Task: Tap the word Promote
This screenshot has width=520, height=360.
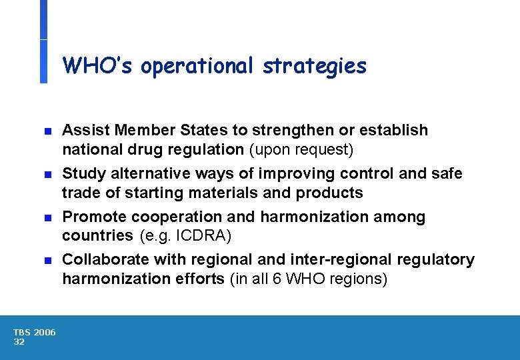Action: pyautogui.click(x=94, y=217)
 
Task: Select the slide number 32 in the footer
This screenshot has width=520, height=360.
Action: pyautogui.click(x=19, y=342)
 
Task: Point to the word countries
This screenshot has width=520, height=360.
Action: pyautogui.click(x=97, y=235)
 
